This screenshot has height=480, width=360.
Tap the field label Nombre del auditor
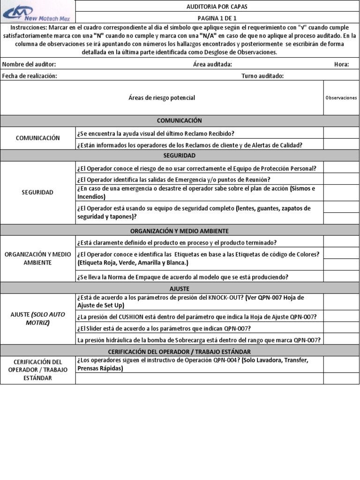29,64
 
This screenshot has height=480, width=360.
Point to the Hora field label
341,64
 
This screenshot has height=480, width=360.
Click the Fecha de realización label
30,76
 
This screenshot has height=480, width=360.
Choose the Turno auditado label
262,76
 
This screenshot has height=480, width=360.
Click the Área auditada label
212,64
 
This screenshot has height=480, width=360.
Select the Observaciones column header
341,98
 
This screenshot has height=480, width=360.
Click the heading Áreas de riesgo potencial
162,98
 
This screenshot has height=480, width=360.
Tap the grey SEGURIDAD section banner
180,155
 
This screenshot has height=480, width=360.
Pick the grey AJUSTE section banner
180,288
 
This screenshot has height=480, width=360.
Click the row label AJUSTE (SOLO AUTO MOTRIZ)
38,318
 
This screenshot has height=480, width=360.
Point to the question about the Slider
164,328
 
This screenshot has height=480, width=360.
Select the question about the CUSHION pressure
196,316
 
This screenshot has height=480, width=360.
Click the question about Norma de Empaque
182,277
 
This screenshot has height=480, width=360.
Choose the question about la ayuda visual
156,133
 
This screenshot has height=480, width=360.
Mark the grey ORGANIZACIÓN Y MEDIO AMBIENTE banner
180,231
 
